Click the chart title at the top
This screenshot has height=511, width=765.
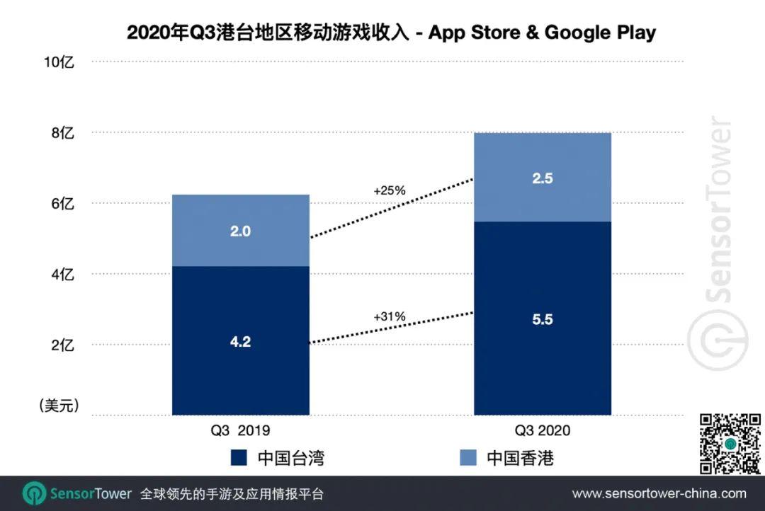coord(391,33)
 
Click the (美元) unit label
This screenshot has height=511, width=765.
coord(58,406)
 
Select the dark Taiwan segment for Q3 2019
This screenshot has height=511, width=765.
coord(241,340)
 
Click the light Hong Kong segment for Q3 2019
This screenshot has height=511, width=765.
coord(241,231)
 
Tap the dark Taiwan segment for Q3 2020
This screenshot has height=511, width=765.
coord(543,318)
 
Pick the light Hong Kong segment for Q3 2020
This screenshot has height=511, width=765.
coord(543,178)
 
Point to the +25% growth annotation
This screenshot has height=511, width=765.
coord(389,190)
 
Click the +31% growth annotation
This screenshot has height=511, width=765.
coord(389,316)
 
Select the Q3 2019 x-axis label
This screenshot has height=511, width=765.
coord(241,430)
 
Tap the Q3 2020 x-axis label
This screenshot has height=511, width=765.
coord(543,430)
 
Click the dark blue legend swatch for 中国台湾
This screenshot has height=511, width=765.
coord(239,458)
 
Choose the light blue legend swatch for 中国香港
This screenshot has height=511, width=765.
coord(468,458)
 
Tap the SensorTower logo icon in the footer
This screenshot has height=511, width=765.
coord(34,493)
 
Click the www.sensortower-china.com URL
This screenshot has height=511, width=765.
coord(659,493)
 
